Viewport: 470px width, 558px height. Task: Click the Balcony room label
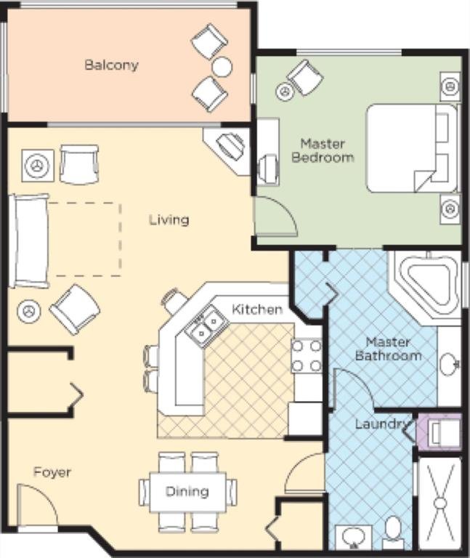[x=111, y=65]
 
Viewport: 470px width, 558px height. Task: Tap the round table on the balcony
[x=222, y=67]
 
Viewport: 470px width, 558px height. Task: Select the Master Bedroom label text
[x=323, y=150]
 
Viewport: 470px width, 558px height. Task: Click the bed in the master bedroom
[x=412, y=148]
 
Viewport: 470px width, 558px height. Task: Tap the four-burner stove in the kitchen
[x=307, y=356]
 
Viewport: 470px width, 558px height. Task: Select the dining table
[x=187, y=492]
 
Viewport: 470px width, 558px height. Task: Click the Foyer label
[x=52, y=472]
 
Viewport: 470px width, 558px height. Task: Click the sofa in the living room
[x=29, y=240]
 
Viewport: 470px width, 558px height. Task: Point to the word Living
[x=169, y=220]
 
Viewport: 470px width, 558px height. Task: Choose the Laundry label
[x=381, y=424]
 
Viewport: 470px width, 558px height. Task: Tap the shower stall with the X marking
[x=440, y=504]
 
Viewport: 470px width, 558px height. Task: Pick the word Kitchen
[x=257, y=310]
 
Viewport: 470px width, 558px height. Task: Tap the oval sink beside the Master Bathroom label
[x=449, y=365]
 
